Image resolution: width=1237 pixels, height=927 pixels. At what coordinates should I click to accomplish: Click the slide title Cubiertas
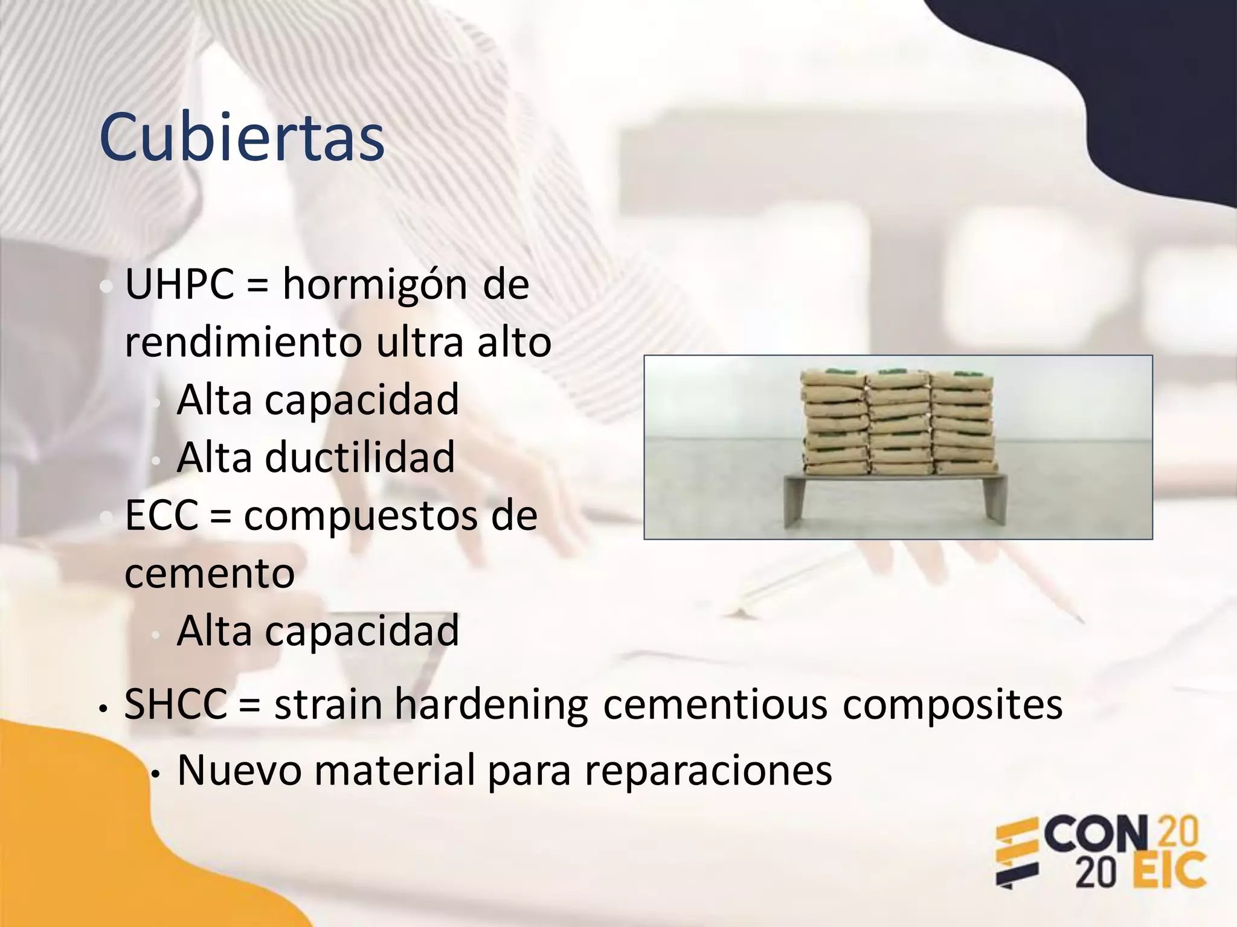pos(242,138)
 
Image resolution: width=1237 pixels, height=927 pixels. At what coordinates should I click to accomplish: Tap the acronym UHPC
pos(179,284)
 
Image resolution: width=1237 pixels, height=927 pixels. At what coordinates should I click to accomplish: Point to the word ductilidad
pos(359,457)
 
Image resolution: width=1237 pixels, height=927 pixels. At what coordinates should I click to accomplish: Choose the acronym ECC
pos(161,516)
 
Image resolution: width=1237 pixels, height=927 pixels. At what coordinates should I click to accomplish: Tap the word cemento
pos(210,573)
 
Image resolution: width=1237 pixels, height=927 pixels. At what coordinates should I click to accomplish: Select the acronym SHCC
pos(175,704)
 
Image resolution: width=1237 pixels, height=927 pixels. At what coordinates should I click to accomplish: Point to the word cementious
pos(715,704)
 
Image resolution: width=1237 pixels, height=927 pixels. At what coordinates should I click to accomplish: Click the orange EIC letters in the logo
pos(1168,871)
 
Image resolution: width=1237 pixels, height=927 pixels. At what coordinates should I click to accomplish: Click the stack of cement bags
pos(897,422)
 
